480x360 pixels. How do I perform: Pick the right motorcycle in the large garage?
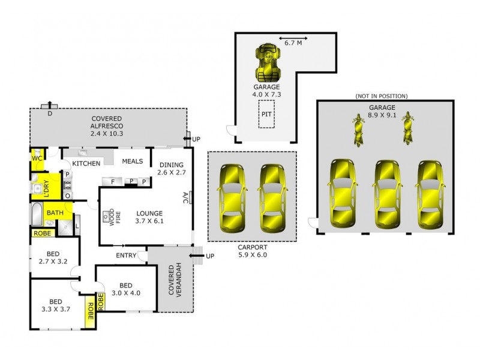409,128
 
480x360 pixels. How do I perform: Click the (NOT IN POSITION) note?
382,96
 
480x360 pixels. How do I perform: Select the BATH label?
55,212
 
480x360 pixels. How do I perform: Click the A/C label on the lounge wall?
185,197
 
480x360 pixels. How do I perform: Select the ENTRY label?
126,256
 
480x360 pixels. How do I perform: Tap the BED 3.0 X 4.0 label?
125,289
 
